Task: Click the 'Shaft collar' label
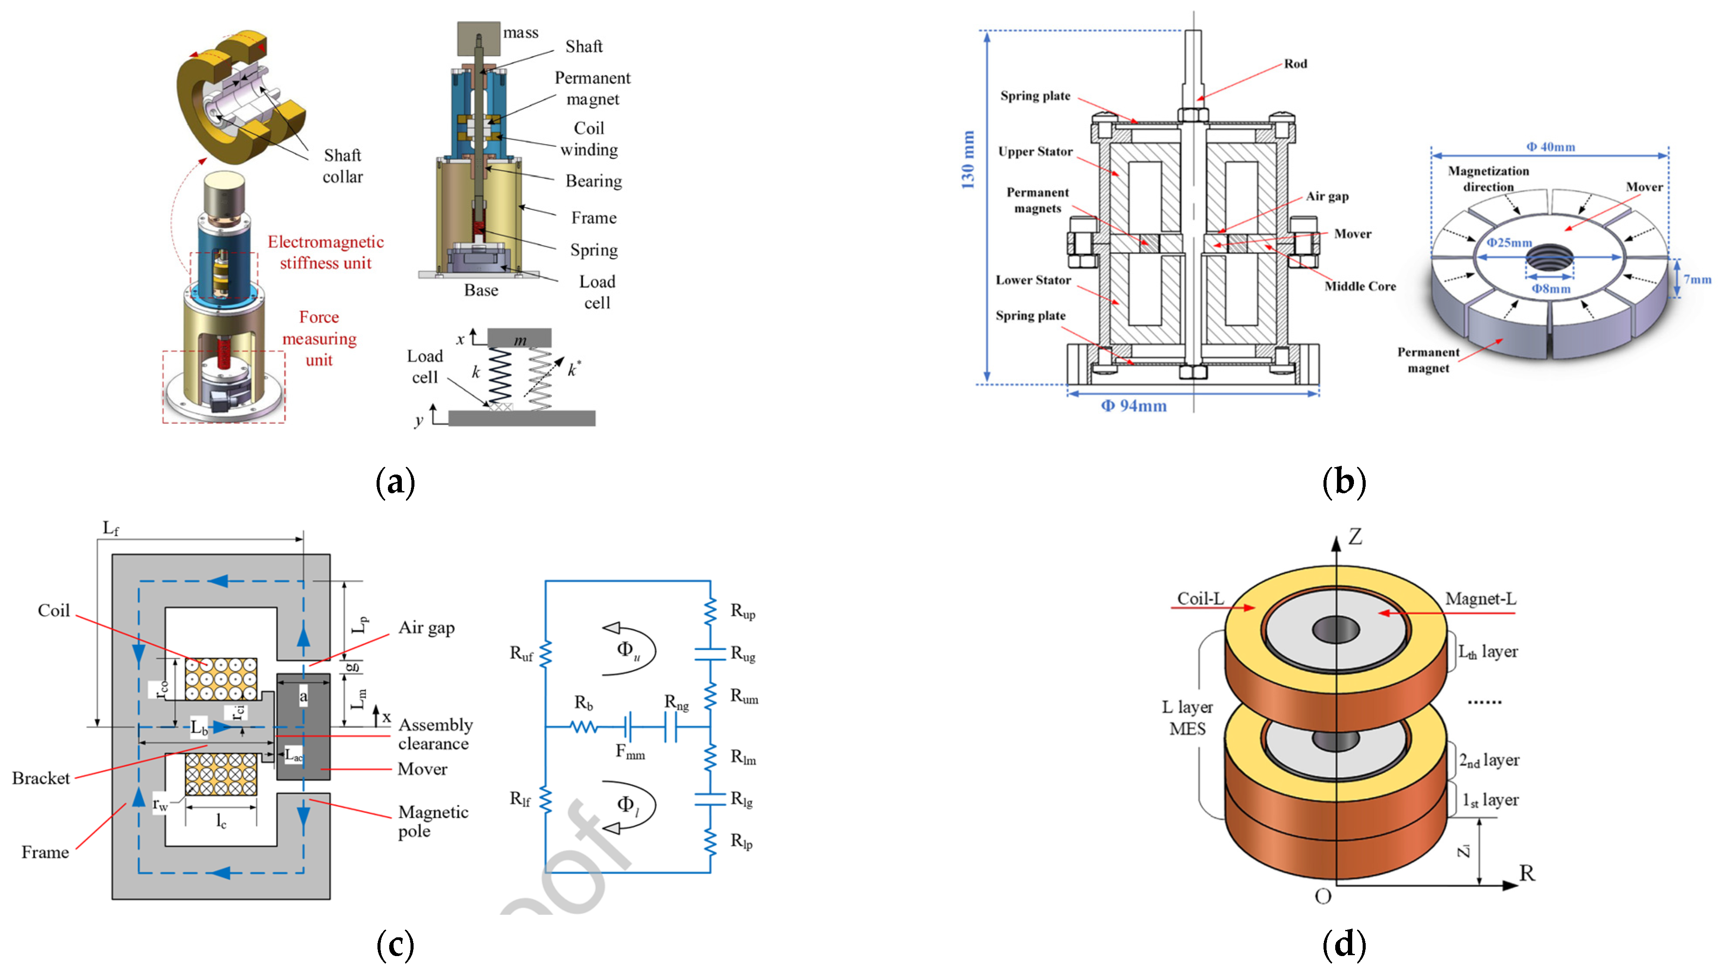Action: [343, 165]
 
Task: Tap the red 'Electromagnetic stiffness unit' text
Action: [326, 252]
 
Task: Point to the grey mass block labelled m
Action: [519, 338]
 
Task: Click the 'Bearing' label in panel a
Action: [593, 181]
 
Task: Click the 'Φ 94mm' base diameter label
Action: [1134, 406]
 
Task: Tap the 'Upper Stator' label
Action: [1035, 152]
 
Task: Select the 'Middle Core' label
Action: [1360, 286]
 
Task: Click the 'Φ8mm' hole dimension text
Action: [1551, 289]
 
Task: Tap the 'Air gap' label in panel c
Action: [427, 628]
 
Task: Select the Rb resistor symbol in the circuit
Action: [584, 727]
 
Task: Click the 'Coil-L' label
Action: [1200, 598]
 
